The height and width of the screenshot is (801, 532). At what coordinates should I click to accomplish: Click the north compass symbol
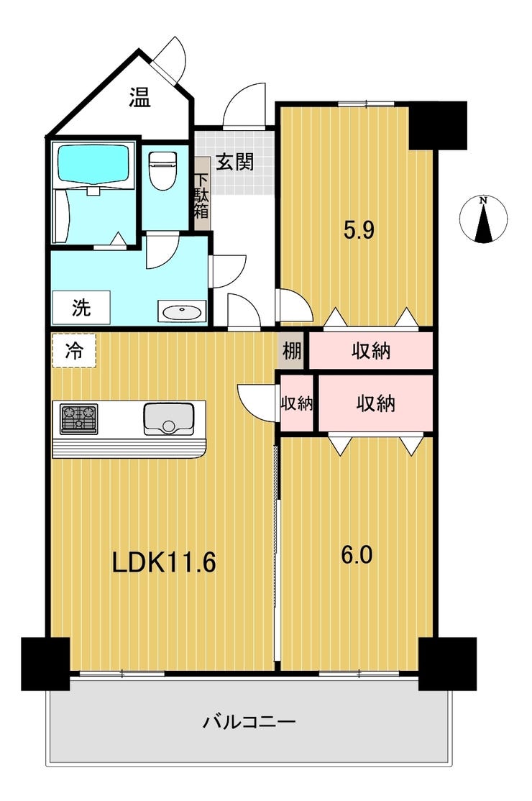483,219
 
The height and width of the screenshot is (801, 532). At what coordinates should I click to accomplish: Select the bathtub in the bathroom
93,163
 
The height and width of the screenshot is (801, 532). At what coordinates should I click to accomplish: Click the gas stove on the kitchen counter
78,419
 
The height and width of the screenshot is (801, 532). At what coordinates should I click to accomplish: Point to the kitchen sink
168,419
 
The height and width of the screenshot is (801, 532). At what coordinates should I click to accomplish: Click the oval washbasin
182,311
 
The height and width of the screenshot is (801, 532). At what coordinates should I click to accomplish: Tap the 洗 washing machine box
82,307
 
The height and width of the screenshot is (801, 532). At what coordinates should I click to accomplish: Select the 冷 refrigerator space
74,350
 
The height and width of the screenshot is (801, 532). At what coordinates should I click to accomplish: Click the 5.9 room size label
359,230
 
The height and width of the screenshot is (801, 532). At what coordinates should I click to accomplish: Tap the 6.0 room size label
357,554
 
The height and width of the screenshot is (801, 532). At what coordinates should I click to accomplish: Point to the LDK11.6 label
165,562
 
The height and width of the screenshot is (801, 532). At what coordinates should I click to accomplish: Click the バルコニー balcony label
249,722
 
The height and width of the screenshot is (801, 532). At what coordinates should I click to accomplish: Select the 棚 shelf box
292,350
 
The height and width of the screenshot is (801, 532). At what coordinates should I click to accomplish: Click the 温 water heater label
139,98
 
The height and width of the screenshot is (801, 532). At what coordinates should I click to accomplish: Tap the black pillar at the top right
438,125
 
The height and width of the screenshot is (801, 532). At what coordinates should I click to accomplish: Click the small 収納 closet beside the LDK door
297,403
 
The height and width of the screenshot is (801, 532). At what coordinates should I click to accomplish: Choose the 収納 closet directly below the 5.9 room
371,351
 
